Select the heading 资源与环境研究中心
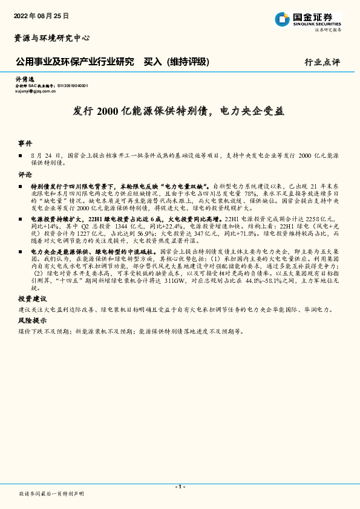[51, 38]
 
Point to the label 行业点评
[322, 62]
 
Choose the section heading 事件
[25, 144]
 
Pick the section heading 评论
[25, 174]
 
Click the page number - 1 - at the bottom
[180, 487]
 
